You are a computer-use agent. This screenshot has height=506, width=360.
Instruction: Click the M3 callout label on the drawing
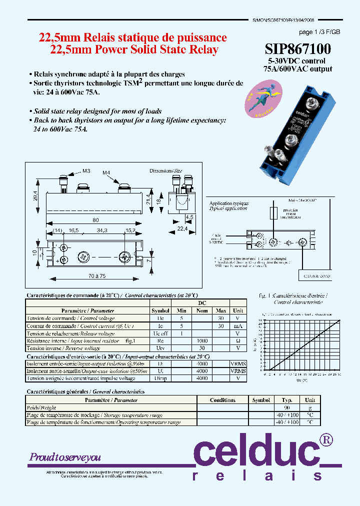86,171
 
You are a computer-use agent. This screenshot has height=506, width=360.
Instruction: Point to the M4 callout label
106,173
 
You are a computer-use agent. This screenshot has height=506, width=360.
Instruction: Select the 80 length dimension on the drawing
95,220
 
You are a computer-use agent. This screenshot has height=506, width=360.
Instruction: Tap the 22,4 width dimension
181,228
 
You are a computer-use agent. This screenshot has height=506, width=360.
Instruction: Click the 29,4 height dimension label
34,190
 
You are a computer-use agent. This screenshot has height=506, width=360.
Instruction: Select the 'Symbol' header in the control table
160,310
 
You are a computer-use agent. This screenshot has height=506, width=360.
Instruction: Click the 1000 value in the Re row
202,340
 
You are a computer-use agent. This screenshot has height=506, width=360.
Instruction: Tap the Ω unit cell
238,340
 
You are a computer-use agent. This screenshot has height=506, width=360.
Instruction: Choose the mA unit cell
238,325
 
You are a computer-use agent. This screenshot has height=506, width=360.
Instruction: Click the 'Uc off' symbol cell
160,333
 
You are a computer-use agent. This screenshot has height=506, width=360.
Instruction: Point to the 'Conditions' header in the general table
222,400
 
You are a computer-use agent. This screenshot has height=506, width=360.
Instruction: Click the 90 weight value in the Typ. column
287,407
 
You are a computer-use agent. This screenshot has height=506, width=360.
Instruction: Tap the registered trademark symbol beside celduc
325,439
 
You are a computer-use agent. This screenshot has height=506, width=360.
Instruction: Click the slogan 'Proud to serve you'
65,457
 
